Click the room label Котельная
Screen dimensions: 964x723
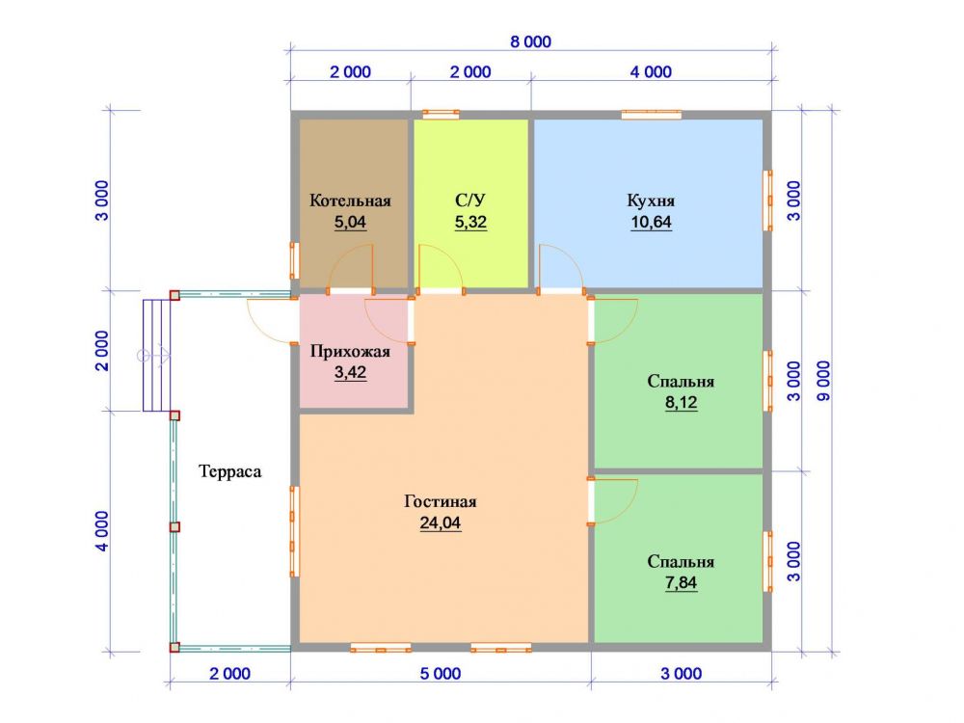350,201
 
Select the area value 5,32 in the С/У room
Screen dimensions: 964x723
470,222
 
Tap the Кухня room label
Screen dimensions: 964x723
651,201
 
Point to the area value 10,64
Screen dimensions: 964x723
651,222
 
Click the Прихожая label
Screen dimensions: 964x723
350,352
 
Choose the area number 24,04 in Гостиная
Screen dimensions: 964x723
441,523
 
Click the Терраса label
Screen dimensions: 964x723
230,471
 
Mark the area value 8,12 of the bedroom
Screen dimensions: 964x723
681,403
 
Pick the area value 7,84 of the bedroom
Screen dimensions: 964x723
681,583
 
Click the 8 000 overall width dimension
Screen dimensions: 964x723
530,41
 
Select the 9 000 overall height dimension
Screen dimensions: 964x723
823,381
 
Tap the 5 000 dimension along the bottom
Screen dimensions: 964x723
441,674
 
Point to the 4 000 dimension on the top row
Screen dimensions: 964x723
651,72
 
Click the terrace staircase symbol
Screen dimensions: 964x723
156,356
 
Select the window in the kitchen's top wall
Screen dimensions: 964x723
651,115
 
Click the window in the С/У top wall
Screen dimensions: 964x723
441,115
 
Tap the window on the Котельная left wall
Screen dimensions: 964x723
294,260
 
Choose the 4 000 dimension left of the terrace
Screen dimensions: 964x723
102,531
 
